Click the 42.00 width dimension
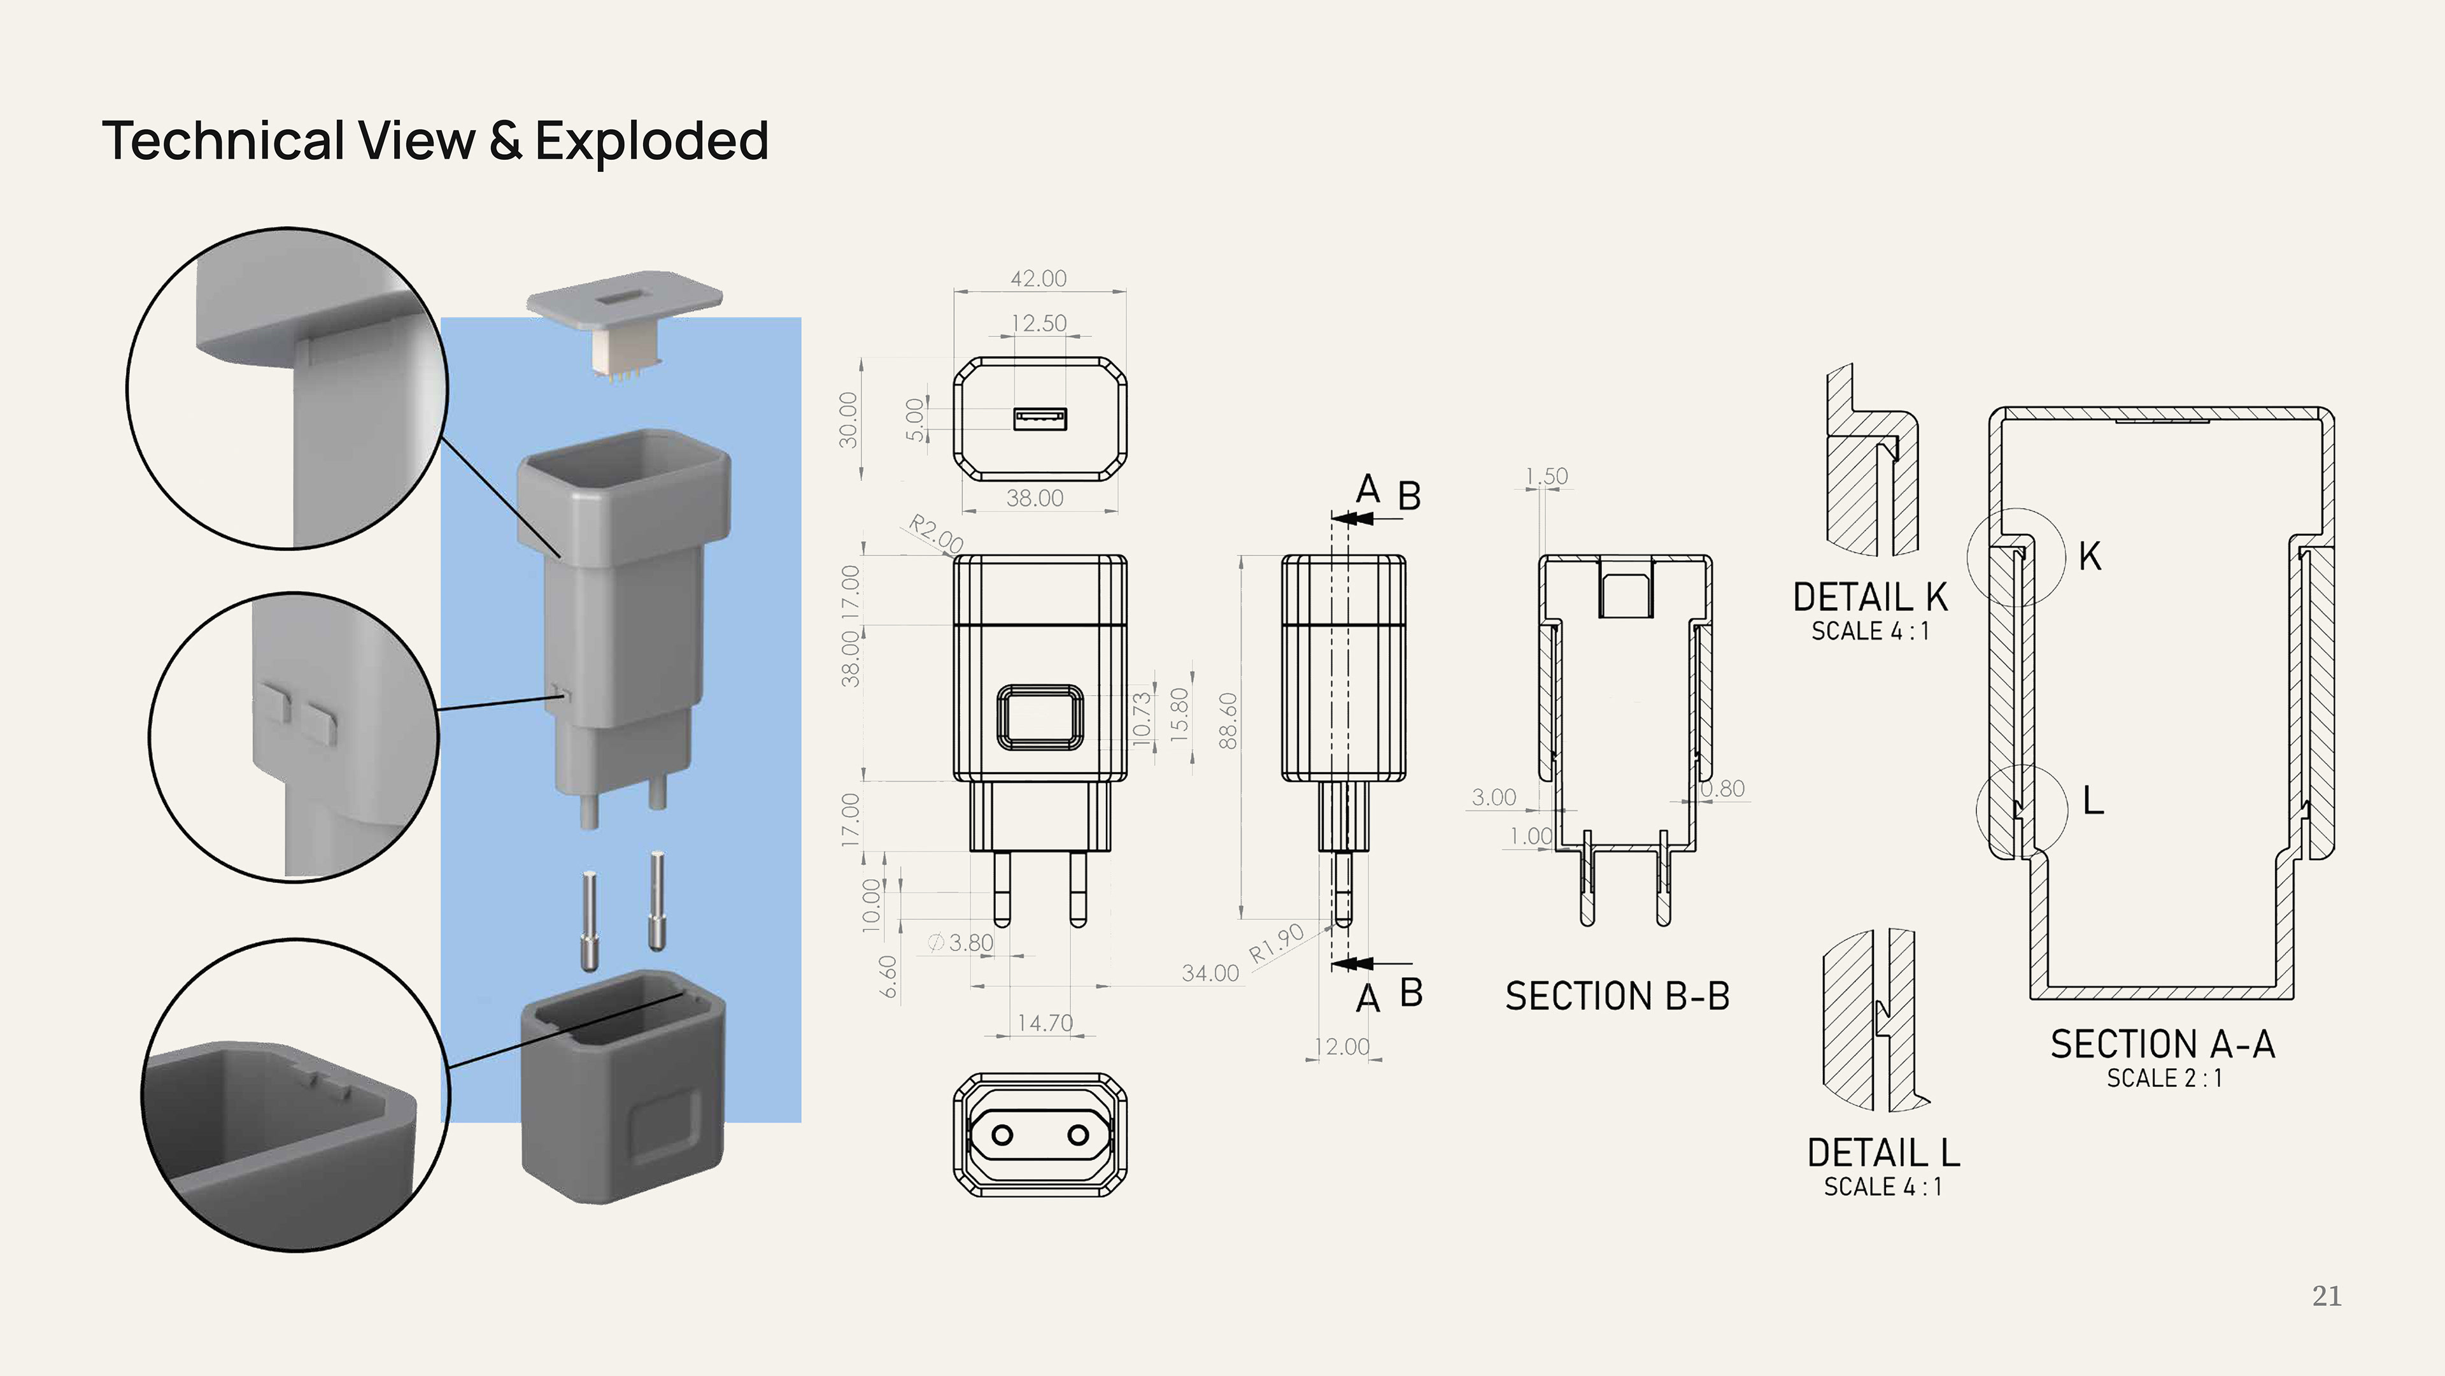pos(1038,278)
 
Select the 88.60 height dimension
pos(1228,720)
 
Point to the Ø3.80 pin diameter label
pos(961,942)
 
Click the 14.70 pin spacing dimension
pos(1045,1022)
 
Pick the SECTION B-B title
pos(1617,996)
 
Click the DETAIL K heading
pos(1870,598)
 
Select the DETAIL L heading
pos(1883,1153)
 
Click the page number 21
pos(2327,1296)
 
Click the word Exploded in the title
pos(652,141)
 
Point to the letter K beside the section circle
pos(2090,557)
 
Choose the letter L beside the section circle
pos(2093,801)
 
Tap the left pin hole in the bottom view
pos(1002,1135)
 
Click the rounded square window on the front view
pos(1039,717)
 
